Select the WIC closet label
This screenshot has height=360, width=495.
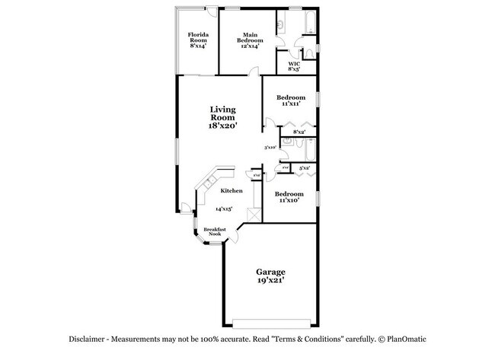(x=293, y=66)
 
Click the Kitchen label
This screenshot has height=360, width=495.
(x=232, y=191)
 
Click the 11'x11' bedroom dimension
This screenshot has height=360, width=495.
(x=291, y=104)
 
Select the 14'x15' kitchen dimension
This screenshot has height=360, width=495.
(x=224, y=209)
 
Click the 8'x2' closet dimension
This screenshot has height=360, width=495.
(x=300, y=132)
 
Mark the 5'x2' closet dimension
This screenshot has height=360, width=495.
(x=304, y=167)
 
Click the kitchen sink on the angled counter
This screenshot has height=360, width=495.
(x=207, y=183)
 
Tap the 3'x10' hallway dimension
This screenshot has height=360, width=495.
(x=270, y=148)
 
